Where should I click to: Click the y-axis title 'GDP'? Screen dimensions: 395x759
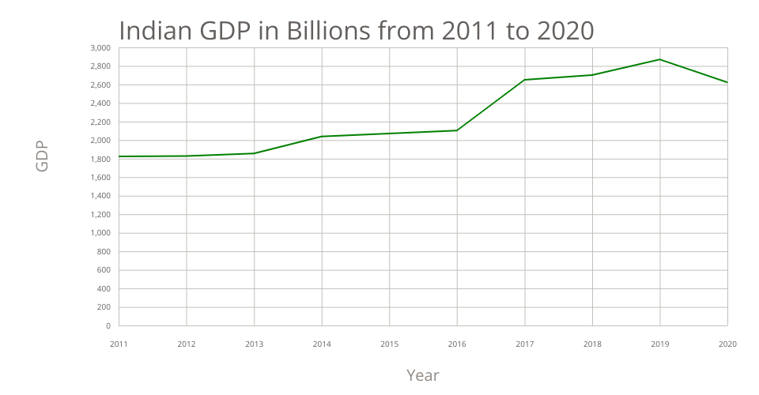[42, 156]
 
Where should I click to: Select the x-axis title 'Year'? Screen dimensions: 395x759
[422, 374]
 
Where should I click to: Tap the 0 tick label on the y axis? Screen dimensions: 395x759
[108, 325]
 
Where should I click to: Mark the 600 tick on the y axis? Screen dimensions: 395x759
[104, 270]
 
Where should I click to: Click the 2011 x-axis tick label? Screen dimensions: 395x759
[119, 344]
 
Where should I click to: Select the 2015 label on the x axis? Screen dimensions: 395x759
[389, 344]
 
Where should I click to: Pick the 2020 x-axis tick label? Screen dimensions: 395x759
[727, 344]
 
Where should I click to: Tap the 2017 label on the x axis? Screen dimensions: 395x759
[524, 344]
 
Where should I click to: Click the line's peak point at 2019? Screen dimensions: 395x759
[659, 59]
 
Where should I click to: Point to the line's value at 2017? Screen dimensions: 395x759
[524, 80]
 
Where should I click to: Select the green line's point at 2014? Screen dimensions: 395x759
[322, 137]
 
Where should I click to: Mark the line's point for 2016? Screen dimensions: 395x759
[457, 130]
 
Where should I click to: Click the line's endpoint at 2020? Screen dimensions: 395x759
[727, 82]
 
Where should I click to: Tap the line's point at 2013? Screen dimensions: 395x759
[255, 153]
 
